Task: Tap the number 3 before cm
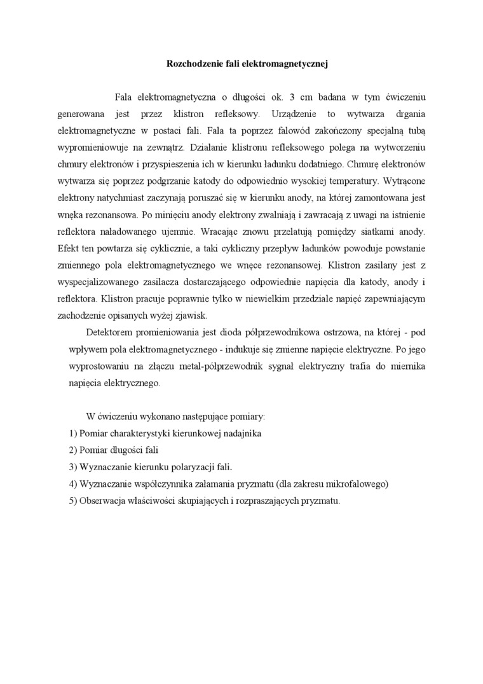292,97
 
